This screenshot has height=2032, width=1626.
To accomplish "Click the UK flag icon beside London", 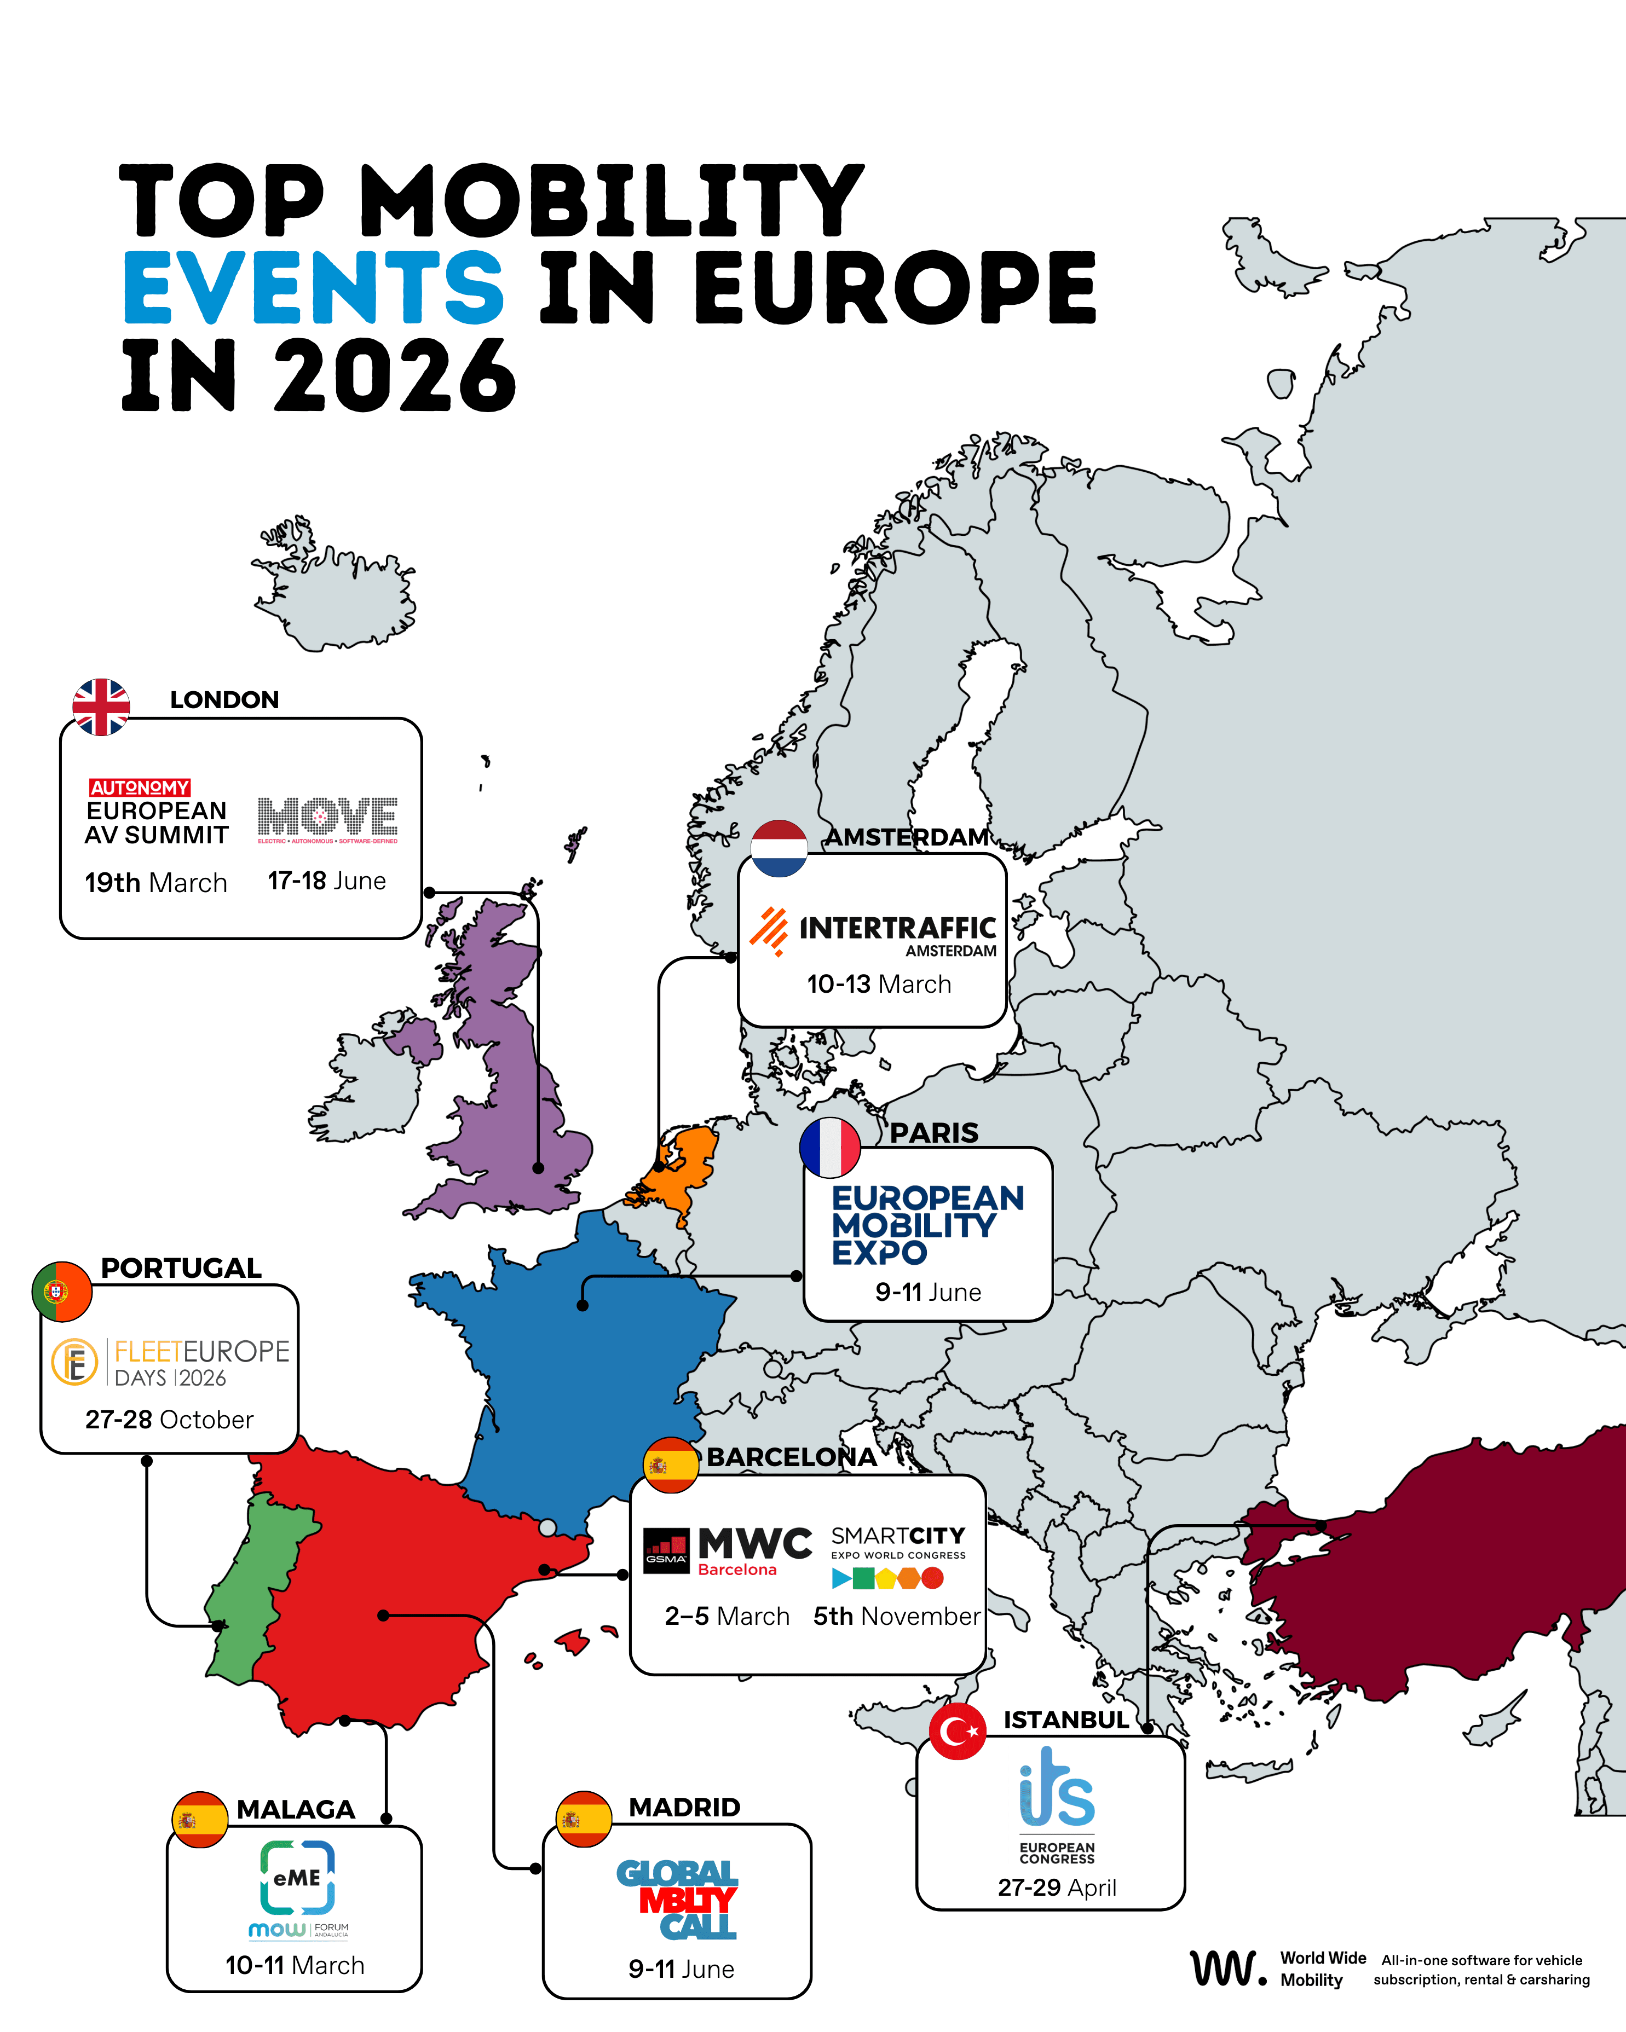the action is pos(101,707).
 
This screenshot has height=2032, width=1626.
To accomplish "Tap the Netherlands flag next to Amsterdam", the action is pos(779,848).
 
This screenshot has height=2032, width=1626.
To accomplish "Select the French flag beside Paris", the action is pos(829,1148).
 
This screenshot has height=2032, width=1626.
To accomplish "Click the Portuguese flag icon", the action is pos(61,1291).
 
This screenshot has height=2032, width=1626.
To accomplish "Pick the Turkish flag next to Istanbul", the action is pos(958,1732).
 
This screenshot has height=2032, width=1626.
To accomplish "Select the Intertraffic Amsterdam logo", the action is pos(873,931).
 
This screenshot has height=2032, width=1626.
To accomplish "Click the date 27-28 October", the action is pos(169,1420).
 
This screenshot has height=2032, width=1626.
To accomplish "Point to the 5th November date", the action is pos(896,1617).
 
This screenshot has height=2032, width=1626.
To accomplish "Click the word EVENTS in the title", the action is pos(314,287).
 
